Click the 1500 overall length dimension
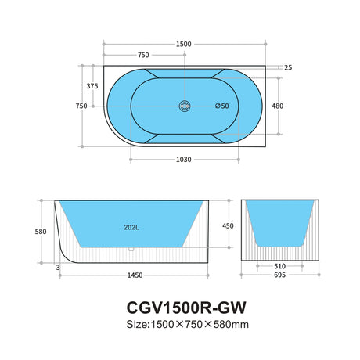[184, 44]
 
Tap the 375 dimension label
[92, 86]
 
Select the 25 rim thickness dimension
[288, 67]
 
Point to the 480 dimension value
[277, 106]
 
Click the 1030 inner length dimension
[184, 160]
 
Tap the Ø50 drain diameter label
[222, 106]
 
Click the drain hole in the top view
[185, 106]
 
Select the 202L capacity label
[131, 228]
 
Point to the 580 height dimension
[41, 232]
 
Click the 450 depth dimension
[228, 225]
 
